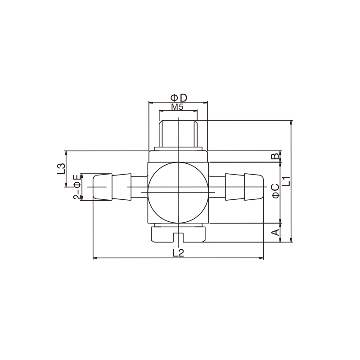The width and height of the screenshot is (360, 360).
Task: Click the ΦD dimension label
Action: pos(179,98)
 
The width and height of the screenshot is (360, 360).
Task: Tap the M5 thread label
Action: pos(177,107)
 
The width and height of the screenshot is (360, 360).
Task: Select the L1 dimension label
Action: pos(287,181)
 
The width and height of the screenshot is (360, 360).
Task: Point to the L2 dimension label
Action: pos(178,253)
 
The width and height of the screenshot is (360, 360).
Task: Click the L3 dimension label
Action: pos(61,168)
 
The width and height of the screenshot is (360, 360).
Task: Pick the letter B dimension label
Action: pos(275,156)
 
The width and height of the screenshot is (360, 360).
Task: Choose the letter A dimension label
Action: pos(275,232)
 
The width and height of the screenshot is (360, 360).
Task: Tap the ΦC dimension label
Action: pos(275,191)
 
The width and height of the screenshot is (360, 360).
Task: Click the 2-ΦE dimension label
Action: pos(77,187)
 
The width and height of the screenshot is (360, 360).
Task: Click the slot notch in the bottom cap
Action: pos(178,237)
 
